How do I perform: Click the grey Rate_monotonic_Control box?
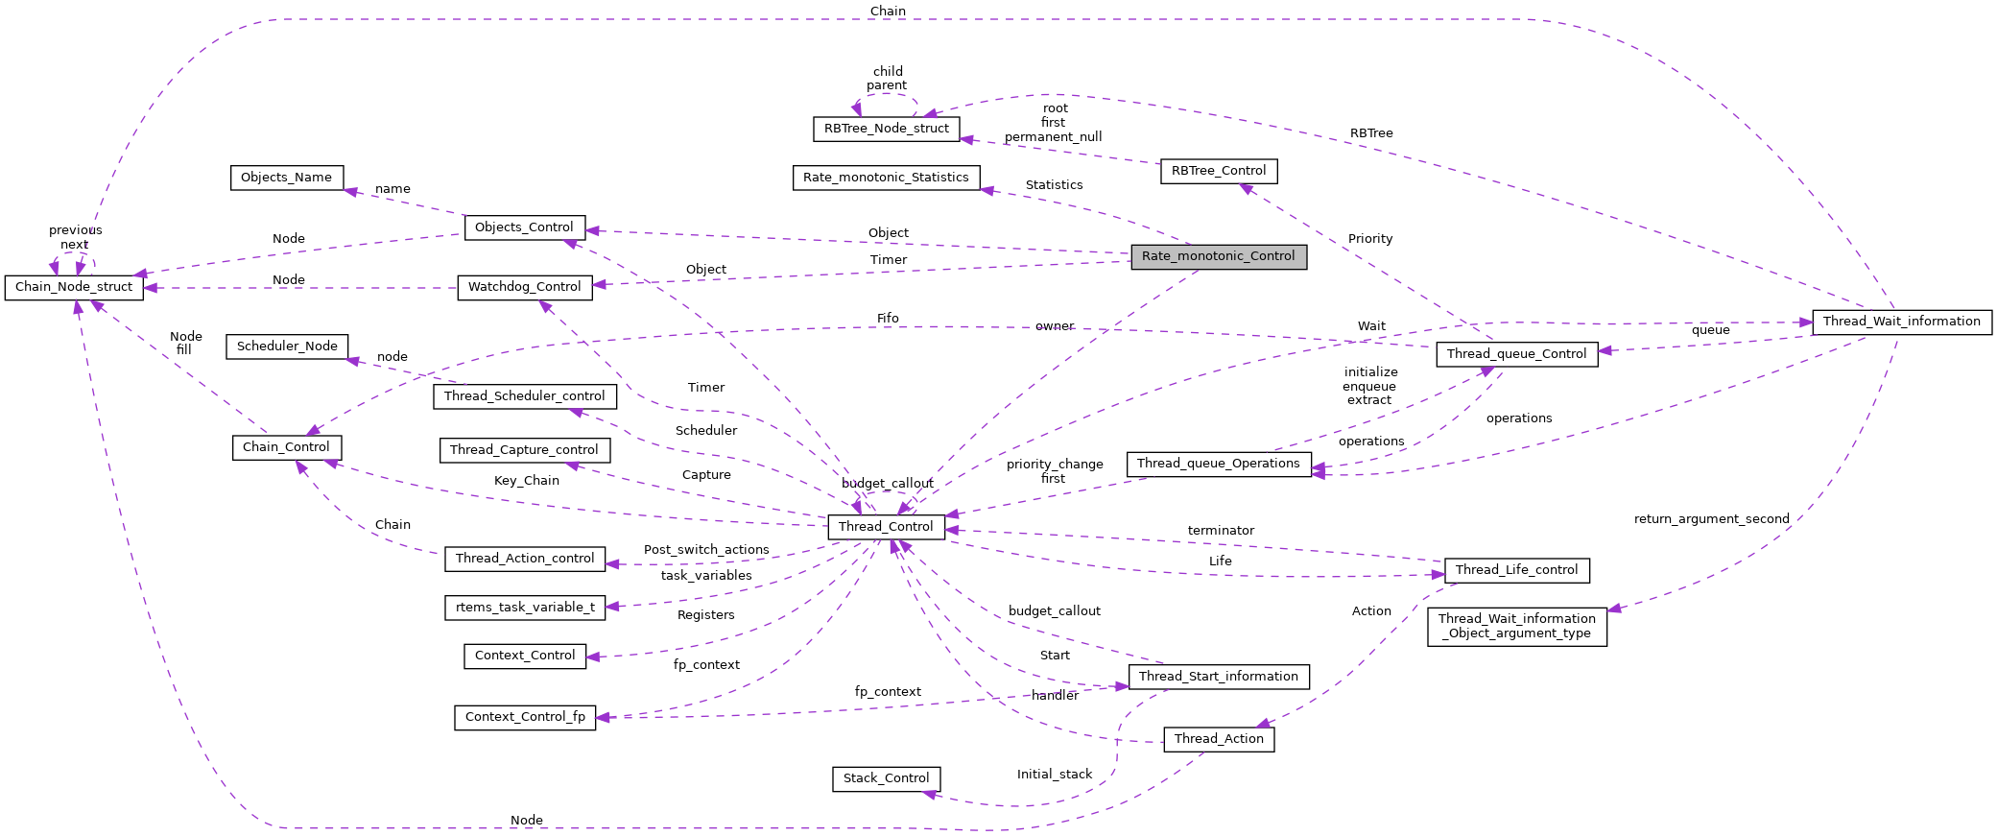point(1218,256)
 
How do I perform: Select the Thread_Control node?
point(886,527)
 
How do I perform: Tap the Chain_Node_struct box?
point(74,287)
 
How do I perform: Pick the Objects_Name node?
point(286,178)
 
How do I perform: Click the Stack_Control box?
point(886,778)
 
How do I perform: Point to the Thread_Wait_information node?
point(1901,322)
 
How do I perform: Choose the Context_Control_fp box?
point(525,717)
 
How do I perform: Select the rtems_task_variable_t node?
point(525,608)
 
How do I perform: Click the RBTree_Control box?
point(1218,171)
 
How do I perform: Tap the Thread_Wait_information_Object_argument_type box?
point(1516,626)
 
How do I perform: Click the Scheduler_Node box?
point(287,346)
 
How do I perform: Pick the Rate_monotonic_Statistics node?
point(886,178)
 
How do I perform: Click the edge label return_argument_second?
point(1711,519)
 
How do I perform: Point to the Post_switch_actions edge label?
point(706,550)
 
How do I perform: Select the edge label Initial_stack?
point(1054,775)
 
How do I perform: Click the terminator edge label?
point(1220,531)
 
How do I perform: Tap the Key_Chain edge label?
point(526,481)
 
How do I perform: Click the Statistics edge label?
point(1054,185)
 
